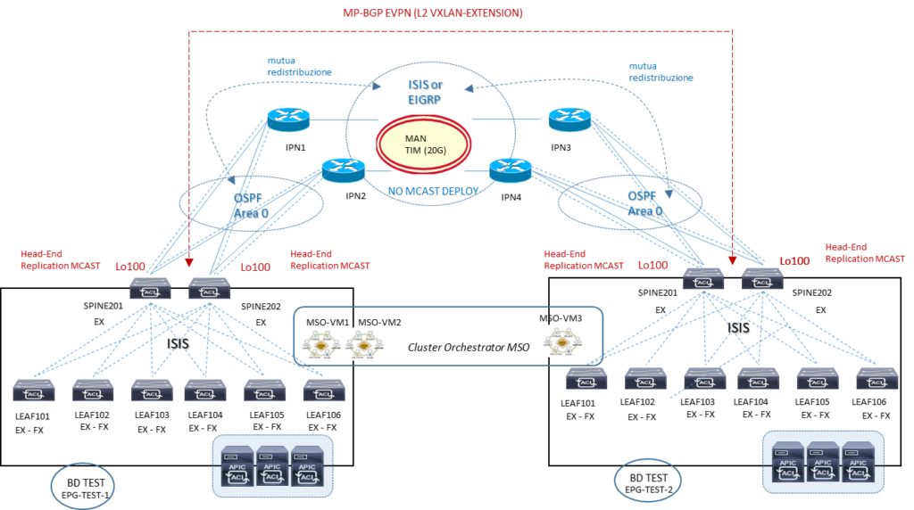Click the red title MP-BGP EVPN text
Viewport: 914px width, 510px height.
(x=433, y=12)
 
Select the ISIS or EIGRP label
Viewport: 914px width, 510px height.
(x=425, y=92)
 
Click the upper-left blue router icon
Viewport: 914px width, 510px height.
(x=287, y=119)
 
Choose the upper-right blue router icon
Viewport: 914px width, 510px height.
(x=570, y=119)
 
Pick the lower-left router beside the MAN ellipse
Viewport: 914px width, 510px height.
(x=344, y=169)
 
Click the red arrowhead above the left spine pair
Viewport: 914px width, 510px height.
(x=189, y=263)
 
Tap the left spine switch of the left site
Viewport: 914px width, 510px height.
(x=149, y=288)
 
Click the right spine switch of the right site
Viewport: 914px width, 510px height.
(x=763, y=280)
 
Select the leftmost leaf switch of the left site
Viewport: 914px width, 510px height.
(x=34, y=391)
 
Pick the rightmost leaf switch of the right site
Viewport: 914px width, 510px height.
(x=877, y=379)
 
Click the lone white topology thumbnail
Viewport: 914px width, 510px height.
(x=563, y=341)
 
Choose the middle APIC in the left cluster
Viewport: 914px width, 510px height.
(x=271, y=465)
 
